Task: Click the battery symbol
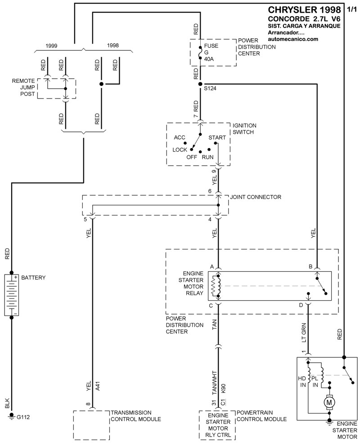tap(12, 295)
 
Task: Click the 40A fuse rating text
tap(209, 59)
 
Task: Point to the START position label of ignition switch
tap(217, 137)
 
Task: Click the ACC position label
tap(180, 137)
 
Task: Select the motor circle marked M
tap(329, 401)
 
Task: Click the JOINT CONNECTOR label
tap(256, 197)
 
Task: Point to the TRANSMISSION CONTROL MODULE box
tap(92, 424)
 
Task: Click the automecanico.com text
tap(293, 39)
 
